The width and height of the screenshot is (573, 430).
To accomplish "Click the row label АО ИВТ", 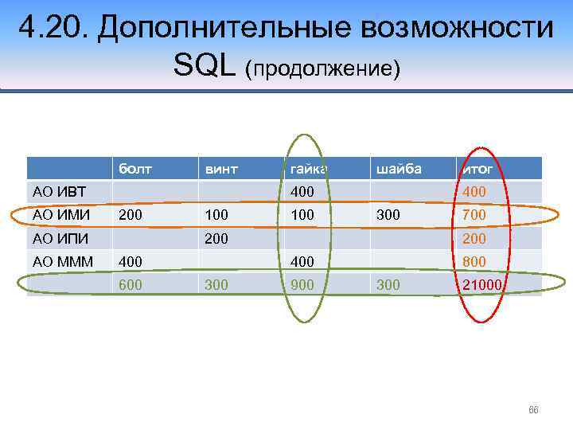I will [60, 192].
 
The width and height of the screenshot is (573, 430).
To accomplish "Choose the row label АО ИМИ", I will [60, 215].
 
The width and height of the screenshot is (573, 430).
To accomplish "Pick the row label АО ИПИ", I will [60, 238].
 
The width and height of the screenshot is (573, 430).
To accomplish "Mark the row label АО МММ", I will [63, 261].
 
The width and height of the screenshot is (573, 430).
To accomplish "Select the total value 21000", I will [481, 284].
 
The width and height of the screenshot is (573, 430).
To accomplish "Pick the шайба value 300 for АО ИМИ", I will [388, 215].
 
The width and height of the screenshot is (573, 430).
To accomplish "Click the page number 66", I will [533, 410].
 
